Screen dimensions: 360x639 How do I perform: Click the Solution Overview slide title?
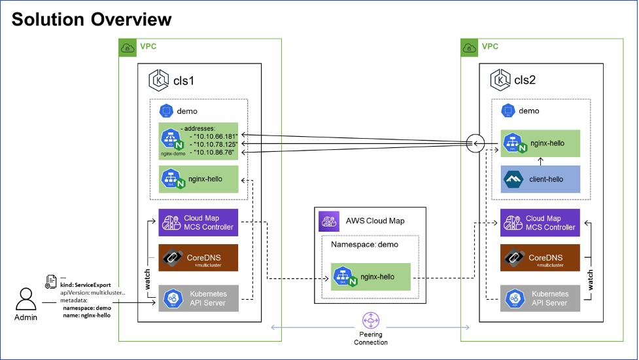coord(92,19)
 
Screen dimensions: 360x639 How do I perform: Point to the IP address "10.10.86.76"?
coord(210,152)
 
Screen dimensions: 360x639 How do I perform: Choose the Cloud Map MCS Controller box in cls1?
coord(198,223)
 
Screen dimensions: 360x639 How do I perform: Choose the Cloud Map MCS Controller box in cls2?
coord(540,223)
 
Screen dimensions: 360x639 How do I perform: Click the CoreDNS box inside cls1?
coord(198,258)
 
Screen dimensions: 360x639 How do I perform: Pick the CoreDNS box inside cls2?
coord(540,258)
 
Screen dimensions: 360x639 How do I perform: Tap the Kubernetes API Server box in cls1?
coord(198,298)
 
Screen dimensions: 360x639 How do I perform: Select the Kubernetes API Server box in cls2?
coord(540,298)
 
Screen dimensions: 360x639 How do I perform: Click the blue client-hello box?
coord(540,179)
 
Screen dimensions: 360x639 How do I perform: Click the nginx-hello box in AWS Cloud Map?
coord(371,277)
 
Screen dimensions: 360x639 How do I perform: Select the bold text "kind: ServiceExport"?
coord(86,285)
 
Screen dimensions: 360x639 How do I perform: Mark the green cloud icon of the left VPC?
coord(127,47)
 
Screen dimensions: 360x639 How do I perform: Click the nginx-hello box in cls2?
coord(540,143)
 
